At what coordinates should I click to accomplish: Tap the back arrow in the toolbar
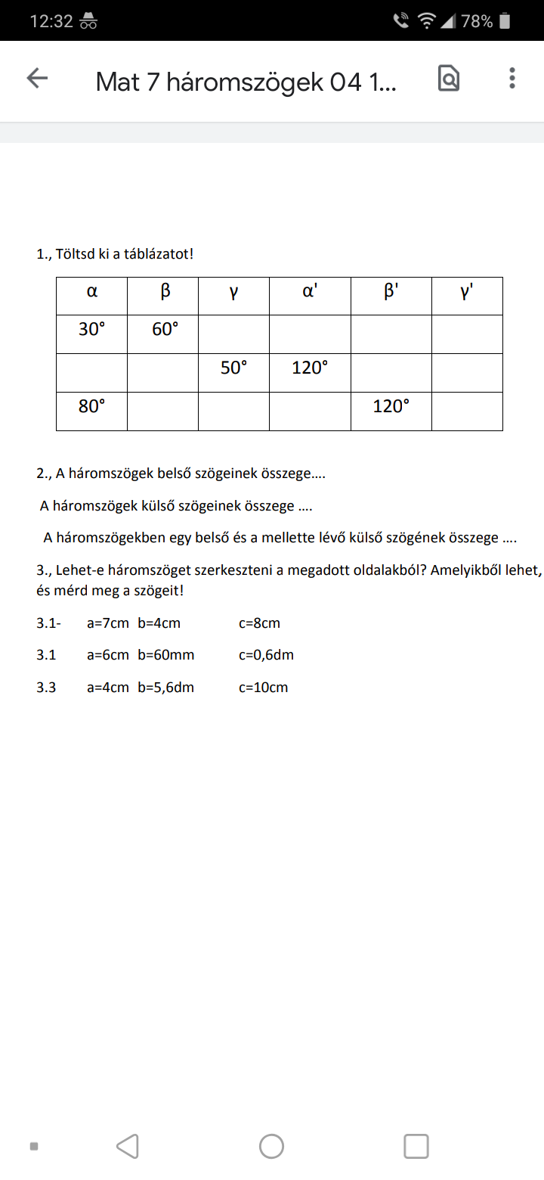tap(37, 79)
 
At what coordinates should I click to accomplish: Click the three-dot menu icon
tap(512, 79)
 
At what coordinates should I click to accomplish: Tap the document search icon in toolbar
tap(449, 79)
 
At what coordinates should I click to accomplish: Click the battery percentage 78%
tap(477, 21)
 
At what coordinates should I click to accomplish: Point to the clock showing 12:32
tap(51, 21)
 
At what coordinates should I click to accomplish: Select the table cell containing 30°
tap(91, 330)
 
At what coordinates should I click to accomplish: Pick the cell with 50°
tap(233, 368)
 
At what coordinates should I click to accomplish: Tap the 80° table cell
tap(91, 406)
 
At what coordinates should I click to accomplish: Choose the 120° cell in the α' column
tap(310, 368)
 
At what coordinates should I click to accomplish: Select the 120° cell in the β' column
tap(391, 406)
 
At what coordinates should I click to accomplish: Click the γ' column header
tap(467, 291)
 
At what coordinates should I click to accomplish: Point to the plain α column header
tap(91, 291)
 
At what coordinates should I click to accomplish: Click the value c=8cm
tap(259, 623)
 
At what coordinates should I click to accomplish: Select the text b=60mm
tap(165, 655)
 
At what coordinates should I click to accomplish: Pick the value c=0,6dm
tap(266, 655)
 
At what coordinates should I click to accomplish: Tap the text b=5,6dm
tap(165, 688)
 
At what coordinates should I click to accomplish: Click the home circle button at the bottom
tap(271, 1146)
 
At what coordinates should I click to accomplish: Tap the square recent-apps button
tap(416, 1146)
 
